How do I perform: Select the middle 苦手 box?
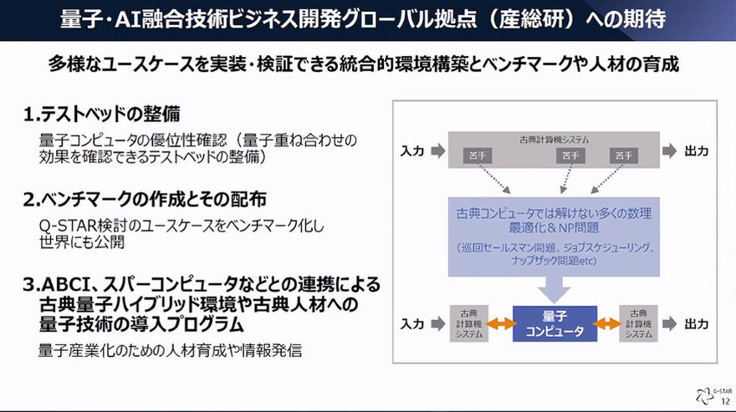(570, 155)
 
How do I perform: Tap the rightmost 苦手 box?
(623, 155)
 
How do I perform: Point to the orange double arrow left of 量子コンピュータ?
(500, 323)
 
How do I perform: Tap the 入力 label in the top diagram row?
(412, 151)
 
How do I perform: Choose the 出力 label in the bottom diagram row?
(696, 323)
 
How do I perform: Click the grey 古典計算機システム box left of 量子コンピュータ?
(468, 323)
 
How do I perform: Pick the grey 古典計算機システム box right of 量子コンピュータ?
(638, 323)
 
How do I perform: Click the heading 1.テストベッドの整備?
(101, 114)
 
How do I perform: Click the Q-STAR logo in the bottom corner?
(704, 394)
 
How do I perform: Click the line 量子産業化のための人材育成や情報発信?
(171, 350)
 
